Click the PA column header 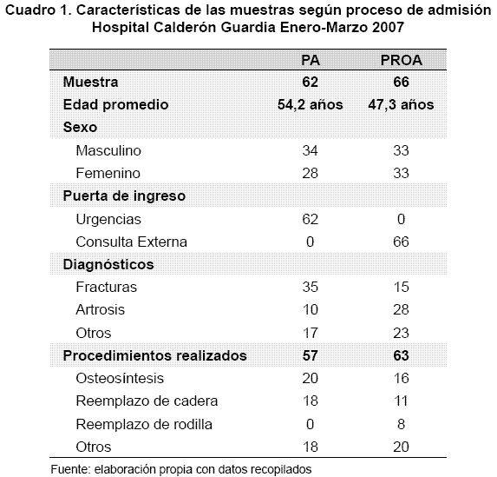point(311,60)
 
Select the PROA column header point(402,60)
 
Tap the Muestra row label point(91,82)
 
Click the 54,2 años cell point(311,105)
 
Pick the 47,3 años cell point(401,105)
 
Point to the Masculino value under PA point(310,150)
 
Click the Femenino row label point(108,174)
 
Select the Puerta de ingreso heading point(124,196)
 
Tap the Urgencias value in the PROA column point(401,219)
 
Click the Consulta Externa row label point(132,242)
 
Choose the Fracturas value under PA point(310,287)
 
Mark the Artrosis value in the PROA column point(401,309)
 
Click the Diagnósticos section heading point(108,264)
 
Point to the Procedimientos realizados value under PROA point(401,355)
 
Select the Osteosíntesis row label point(120,378)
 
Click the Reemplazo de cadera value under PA point(310,401)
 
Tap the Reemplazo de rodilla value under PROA point(401,424)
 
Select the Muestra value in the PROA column point(401,82)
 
